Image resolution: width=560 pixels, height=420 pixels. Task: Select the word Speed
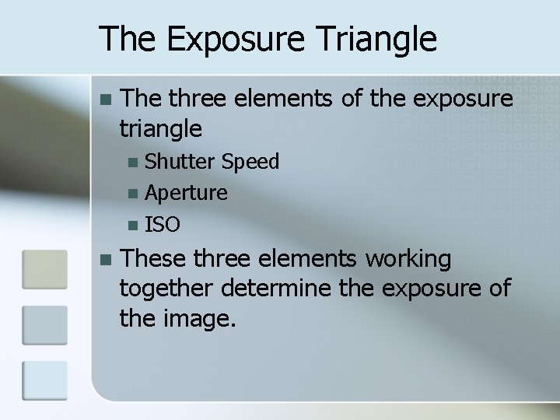coord(250,162)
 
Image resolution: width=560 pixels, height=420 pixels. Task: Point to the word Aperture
coord(187,193)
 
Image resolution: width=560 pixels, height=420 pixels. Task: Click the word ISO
coord(163,226)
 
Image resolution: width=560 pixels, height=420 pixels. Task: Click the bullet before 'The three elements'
coord(107,100)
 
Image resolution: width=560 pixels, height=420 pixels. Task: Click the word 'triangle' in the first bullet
coord(161,128)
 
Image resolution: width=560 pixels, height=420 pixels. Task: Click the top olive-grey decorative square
coord(44,270)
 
